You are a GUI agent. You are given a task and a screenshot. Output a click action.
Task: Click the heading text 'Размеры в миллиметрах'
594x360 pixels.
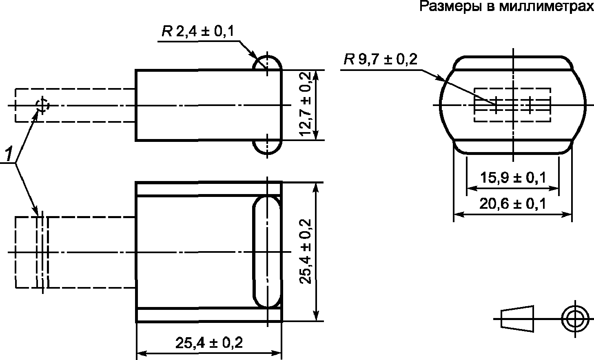coord(507,7)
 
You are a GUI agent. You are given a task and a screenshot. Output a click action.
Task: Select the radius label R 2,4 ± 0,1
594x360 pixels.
coord(198,31)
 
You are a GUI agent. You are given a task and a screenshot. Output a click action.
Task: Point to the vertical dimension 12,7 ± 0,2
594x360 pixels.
coord(305,104)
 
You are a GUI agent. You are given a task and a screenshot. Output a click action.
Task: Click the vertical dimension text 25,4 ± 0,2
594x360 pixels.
coord(305,251)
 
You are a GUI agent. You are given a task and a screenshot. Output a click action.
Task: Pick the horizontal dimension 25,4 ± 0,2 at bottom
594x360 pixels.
coord(209,343)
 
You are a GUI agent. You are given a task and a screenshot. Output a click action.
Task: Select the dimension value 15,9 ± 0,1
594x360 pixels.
coord(513,177)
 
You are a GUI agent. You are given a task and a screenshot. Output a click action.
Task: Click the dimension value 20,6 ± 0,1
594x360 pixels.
coord(512,204)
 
